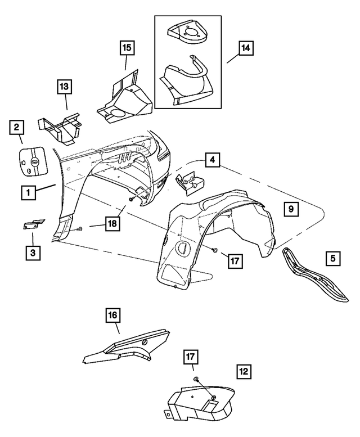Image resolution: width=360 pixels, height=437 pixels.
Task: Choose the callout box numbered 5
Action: (x=332, y=258)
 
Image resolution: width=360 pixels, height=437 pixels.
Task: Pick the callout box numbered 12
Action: (x=243, y=371)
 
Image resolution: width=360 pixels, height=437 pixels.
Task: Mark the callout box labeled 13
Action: (x=64, y=87)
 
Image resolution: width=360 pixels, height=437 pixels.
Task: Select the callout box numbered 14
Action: (x=246, y=49)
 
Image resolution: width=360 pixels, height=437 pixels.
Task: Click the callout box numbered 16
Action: (x=112, y=316)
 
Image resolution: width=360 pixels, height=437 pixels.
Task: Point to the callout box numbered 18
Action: (x=112, y=224)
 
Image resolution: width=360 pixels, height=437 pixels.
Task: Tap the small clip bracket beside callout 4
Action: (x=190, y=183)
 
